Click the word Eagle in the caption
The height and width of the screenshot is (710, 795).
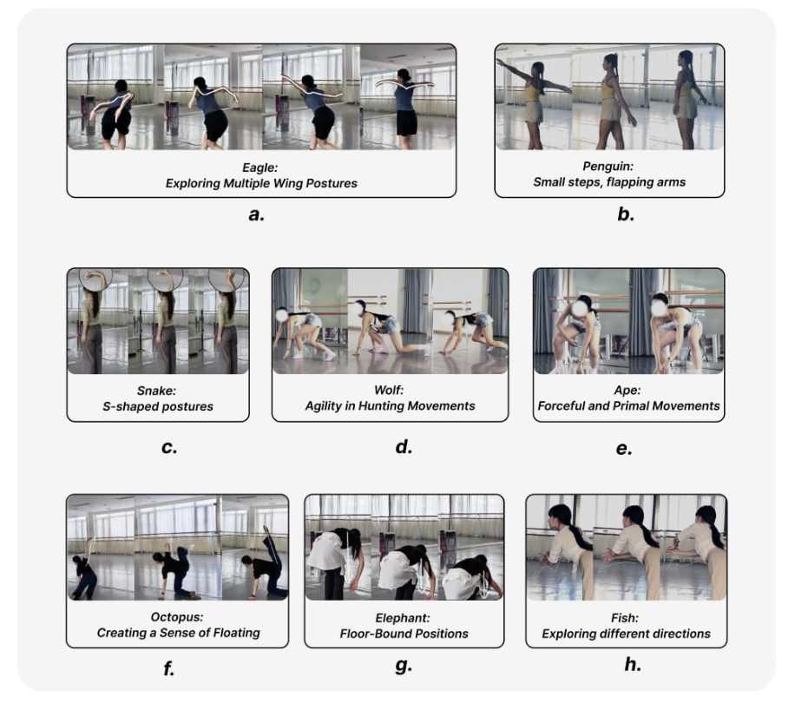pos(260,168)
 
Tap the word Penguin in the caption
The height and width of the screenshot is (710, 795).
pos(608,167)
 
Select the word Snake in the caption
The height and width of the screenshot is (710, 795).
pos(157,391)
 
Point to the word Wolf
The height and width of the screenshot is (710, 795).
pos(389,391)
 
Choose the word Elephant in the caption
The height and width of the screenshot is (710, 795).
pos(403,618)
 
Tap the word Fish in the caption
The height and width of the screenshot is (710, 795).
pos(625,618)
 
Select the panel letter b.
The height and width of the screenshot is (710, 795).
pos(626,214)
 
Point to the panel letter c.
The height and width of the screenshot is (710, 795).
pos(169,448)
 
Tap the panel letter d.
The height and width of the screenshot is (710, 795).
pos(404,446)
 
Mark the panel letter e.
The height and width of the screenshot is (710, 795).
pos(624,449)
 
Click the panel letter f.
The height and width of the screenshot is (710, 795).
pos(169,668)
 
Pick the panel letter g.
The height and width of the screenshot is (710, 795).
pos(404,665)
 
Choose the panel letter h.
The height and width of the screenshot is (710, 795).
pos(633,664)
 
